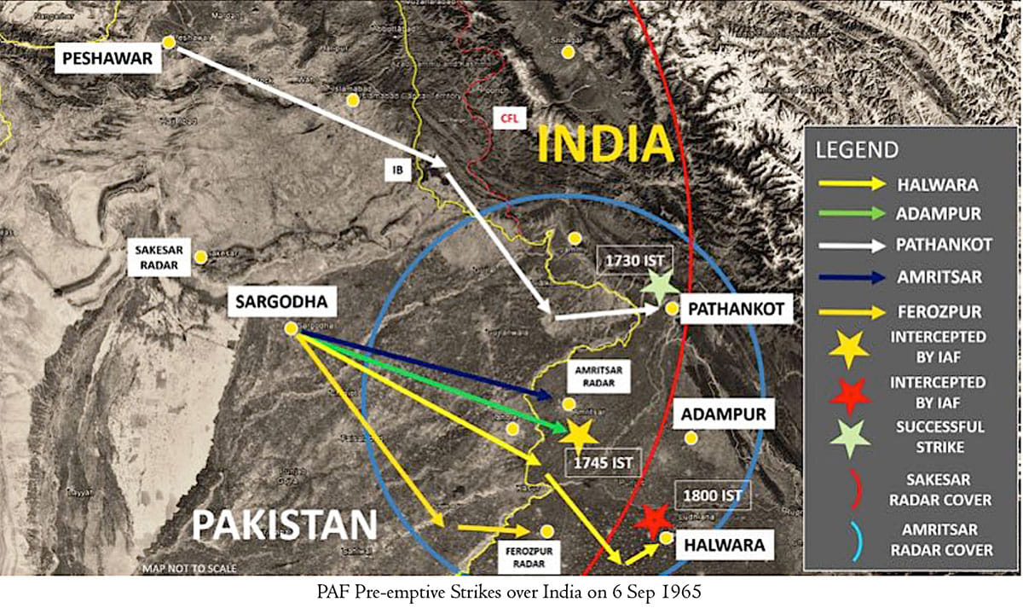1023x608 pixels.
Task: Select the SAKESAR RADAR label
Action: [159, 256]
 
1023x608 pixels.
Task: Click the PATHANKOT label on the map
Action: [736, 308]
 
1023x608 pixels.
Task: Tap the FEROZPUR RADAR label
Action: [529, 558]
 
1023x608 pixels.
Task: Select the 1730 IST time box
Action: [630, 258]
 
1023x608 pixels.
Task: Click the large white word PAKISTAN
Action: [284, 525]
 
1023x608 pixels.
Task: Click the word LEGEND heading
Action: [857, 150]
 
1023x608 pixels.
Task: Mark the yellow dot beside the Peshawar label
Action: [170, 41]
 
